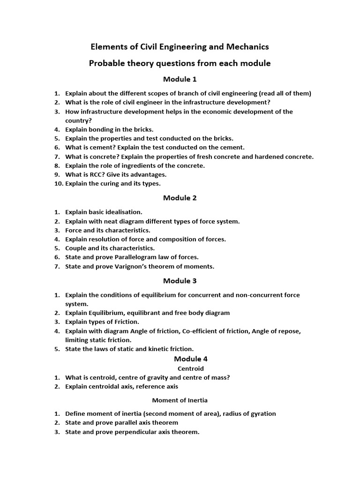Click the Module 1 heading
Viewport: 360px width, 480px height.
tap(180, 79)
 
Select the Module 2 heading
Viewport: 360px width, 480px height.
tap(180, 198)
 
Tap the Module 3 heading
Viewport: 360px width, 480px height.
tap(180, 281)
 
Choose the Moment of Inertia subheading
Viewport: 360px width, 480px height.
tap(180, 400)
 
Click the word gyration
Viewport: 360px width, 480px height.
tap(262, 413)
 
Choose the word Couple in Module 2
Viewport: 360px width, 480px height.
tap(75, 248)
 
